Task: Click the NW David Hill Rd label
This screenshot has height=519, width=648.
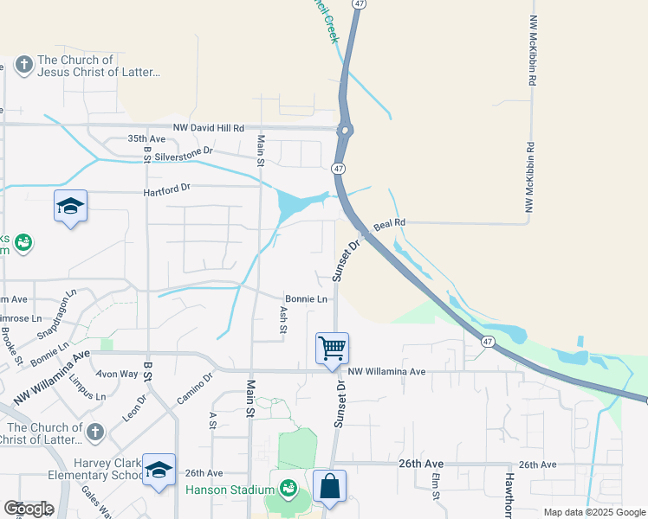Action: point(209,127)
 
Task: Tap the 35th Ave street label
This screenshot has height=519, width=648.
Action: point(146,138)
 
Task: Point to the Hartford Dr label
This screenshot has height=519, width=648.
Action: point(167,187)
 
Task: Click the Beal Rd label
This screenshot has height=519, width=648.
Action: point(389,224)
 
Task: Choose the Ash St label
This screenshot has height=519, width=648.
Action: point(283,318)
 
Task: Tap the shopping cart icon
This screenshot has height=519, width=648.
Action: point(332,349)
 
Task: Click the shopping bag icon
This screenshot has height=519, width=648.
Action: point(329,486)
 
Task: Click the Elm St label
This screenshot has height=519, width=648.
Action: point(437,487)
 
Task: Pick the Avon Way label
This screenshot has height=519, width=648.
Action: point(117,374)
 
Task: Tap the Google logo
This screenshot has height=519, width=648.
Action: point(29,509)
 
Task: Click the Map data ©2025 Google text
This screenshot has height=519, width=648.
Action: point(593,512)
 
